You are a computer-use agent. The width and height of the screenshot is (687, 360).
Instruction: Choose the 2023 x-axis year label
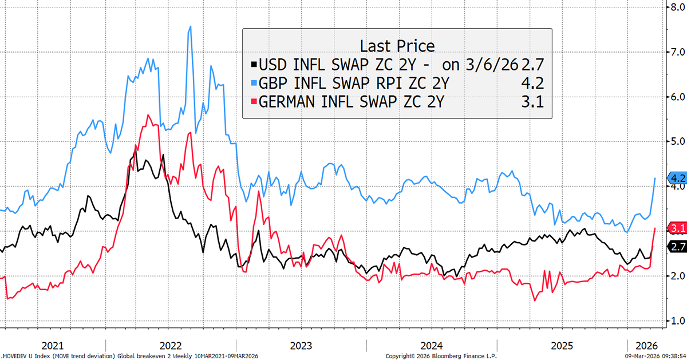[x=301, y=346]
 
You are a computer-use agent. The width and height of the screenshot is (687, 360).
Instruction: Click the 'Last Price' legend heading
[x=397, y=46]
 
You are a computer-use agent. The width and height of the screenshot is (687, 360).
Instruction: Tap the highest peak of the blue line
[x=190, y=26]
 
